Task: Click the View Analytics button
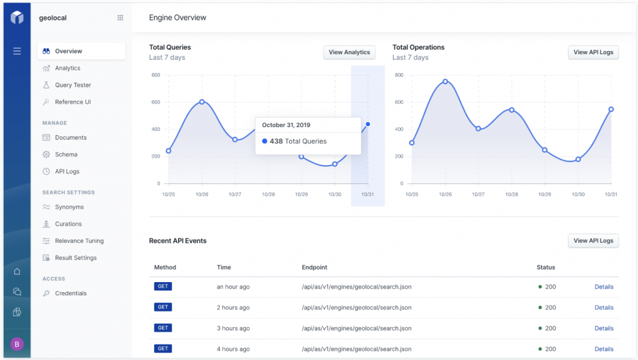349,52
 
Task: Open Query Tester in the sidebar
73,85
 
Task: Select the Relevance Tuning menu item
79,240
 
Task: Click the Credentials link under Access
70,293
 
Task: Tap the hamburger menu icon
17,51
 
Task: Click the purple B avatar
17,344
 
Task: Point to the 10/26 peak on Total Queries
202,102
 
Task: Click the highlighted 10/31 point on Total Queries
368,124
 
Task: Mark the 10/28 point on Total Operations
512,110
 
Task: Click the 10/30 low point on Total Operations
578,159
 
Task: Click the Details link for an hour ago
604,287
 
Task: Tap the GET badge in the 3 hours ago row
163,328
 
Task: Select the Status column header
546,267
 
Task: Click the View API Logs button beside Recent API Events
593,240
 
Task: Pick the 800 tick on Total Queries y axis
155,75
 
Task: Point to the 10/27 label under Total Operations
478,194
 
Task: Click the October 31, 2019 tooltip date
286,125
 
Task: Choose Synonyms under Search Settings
69,207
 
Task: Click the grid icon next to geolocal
120,18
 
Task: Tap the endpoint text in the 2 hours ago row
356,307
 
